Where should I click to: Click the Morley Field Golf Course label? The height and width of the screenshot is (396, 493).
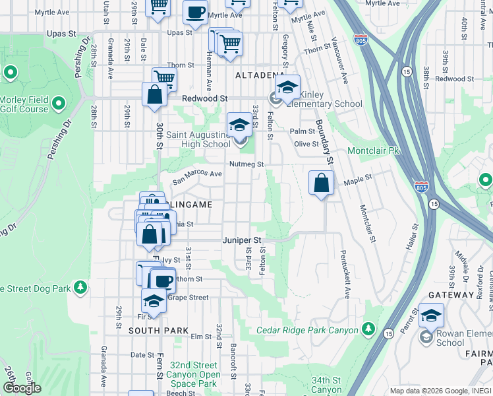coord(24,104)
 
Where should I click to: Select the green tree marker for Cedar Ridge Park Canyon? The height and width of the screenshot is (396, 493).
coord(368,329)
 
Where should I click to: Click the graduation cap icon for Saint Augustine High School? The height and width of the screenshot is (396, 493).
coord(239,124)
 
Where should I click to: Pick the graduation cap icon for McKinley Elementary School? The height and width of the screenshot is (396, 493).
coord(287,87)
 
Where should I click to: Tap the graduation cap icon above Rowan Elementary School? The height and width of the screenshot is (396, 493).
coord(432,317)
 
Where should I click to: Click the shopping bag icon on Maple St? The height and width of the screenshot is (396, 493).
coord(320,183)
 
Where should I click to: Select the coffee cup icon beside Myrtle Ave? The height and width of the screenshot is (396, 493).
coord(195,13)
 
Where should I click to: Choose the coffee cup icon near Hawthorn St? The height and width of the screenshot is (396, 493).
coord(163,280)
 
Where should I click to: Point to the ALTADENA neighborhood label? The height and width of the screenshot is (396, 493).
coord(251,76)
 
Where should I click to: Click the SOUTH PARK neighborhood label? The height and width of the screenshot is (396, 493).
coord(158,330)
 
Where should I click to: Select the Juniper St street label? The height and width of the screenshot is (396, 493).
coord(242,240)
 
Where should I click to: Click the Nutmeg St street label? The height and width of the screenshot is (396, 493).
coord(246,164)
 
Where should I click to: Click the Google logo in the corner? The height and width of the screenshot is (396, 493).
coord(22,387)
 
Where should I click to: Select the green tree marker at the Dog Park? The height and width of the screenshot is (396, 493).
coord(80,287)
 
